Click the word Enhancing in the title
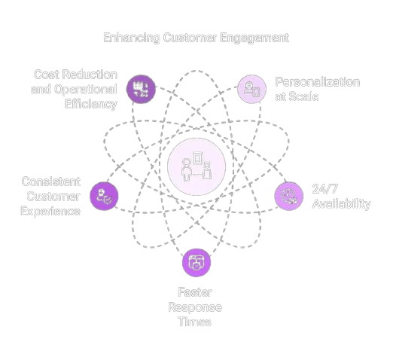(x=132, y=38)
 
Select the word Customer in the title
(x=190, y=38)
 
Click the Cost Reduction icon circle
(x=141, y=89)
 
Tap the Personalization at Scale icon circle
(x=251, y=89)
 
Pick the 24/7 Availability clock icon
(x=289, y=196)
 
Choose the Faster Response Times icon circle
(x=196, y=263)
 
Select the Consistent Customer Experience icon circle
(x=104, y=196)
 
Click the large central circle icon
(x=196, y=166)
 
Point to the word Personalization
(x=318, y=82)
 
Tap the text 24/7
(x=325, y=189)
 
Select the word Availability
(x=341, y=204)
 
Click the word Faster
(x=195, y=292)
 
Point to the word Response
(x=195, y=307)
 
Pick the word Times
(x=195, y=322)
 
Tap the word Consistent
(x=51, y=182)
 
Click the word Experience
(x=50, y=211)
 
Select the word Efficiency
(x=91, y=104)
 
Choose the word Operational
(x=86, y=90)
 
